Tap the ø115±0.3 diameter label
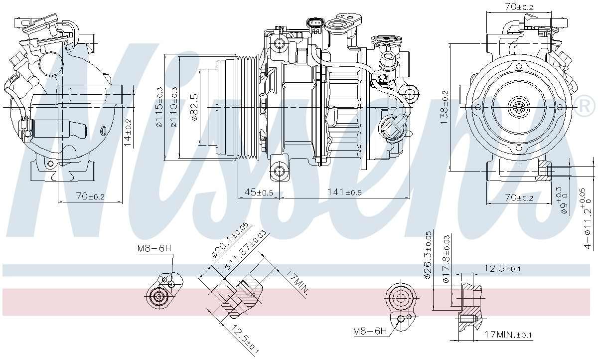click(159, 107)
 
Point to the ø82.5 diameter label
click(193, 107)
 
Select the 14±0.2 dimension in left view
click(128, 134)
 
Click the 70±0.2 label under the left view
click(90, 196)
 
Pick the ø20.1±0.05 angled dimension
click(229, 240)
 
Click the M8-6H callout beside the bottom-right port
click(369, 331)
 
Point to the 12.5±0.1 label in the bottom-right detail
click(502, 269)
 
